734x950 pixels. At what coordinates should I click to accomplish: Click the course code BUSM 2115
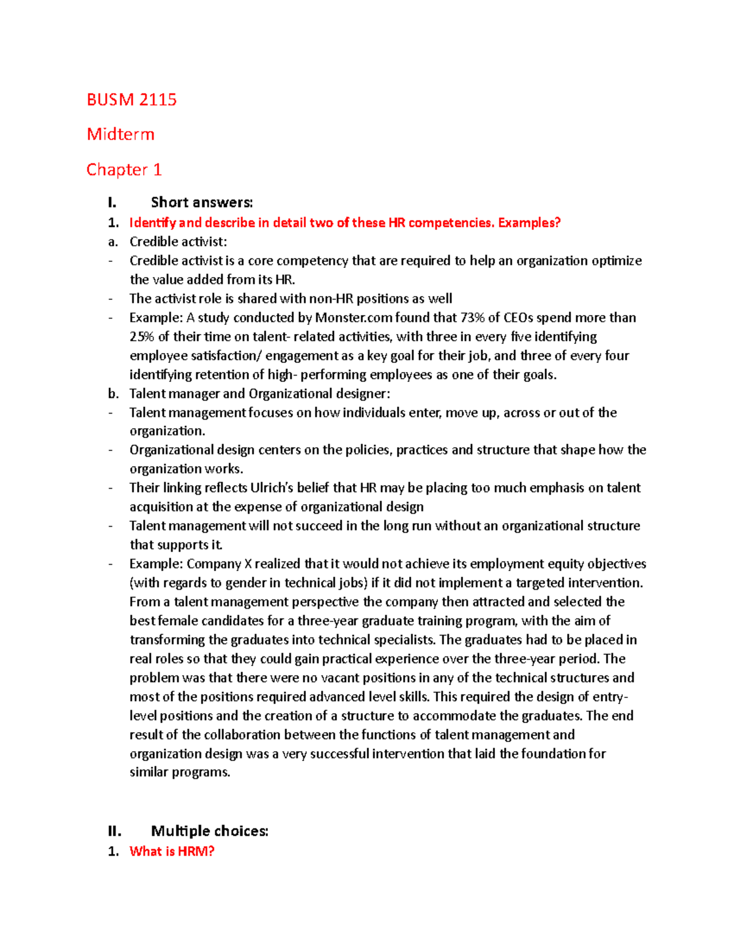tap(132, 100)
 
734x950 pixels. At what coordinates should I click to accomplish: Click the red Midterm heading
tap(120, 135)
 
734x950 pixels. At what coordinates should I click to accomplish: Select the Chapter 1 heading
tap(124, 169)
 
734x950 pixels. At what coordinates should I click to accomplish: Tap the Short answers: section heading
tap(202, 202)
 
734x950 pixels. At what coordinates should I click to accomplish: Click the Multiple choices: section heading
tap(210, 831)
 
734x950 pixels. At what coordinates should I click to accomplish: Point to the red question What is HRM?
tap(172, 851)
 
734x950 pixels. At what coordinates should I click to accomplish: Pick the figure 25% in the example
tap(141, 336)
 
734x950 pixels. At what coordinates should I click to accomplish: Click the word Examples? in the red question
tap(529, 223)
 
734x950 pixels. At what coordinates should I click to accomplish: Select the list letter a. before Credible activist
tap(113, 242)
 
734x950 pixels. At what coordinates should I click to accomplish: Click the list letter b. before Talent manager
tap(113, 393)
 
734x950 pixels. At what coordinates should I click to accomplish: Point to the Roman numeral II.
tap(114, 831)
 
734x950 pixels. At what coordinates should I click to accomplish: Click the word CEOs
tap(519, 317)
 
